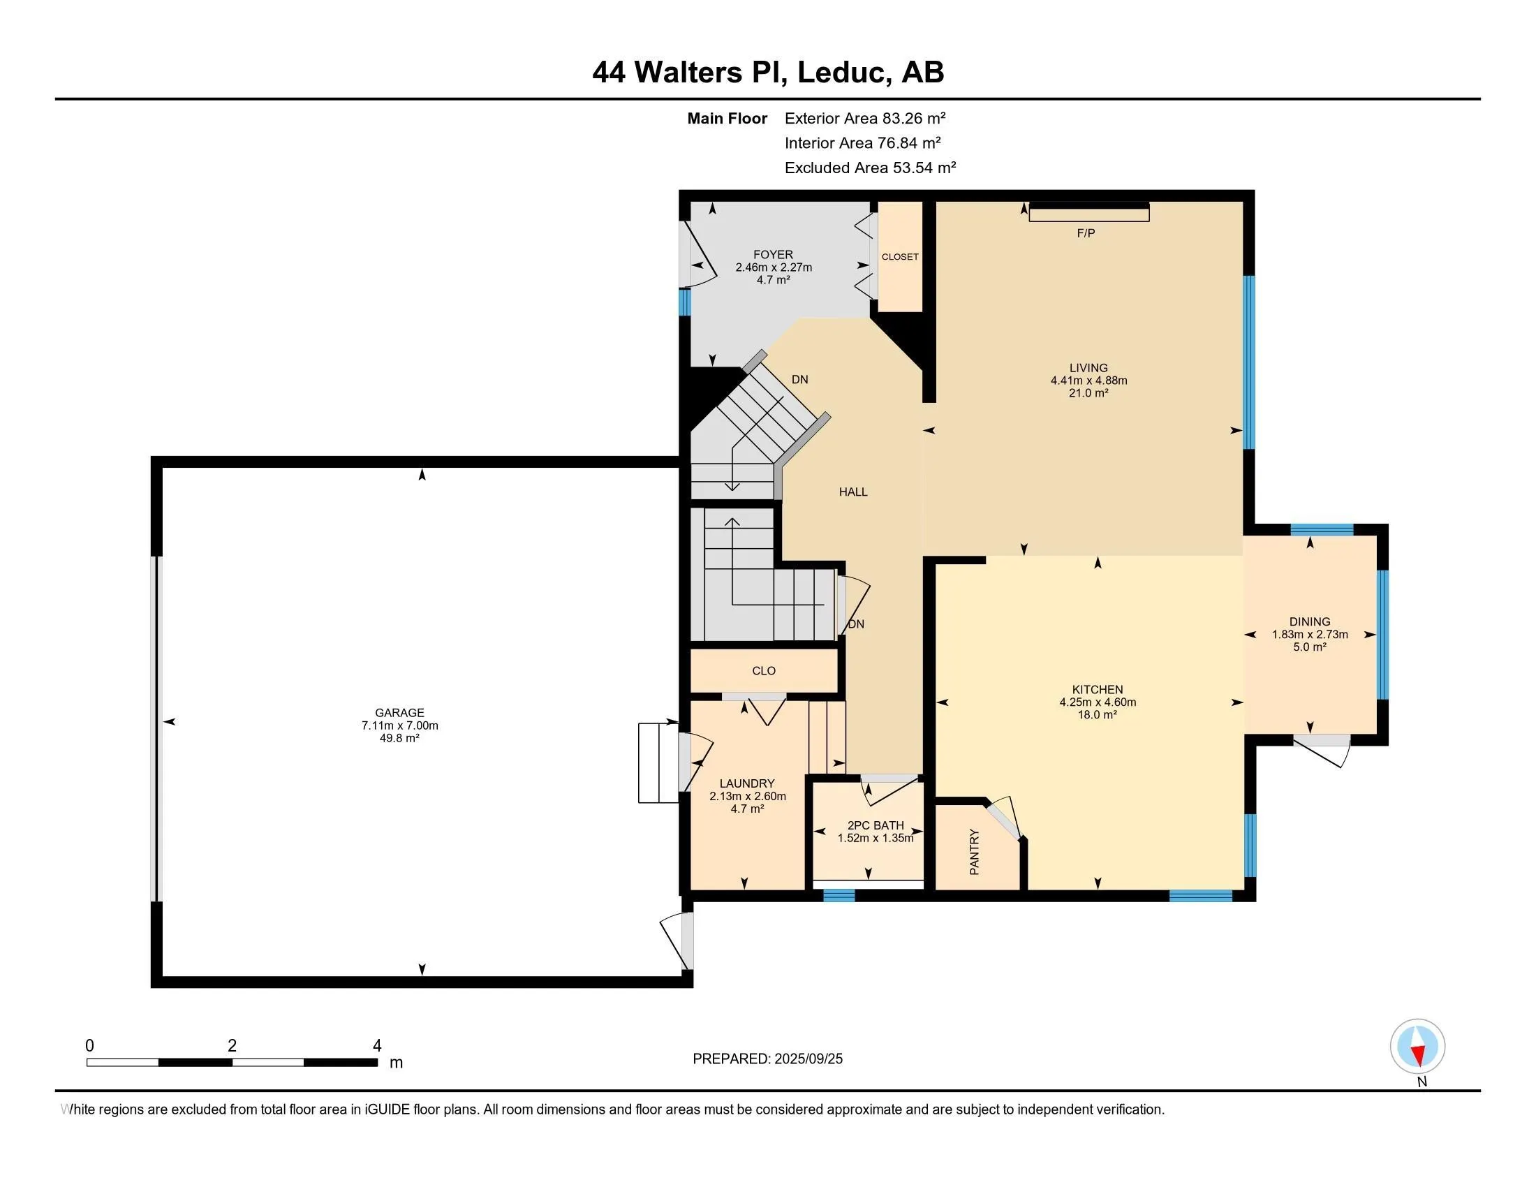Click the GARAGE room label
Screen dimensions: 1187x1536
click(399, 712)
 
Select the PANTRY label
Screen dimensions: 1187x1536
click(974, 853)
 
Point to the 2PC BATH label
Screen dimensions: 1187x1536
click(875, 825)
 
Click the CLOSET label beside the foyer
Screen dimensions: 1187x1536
click(899, 257)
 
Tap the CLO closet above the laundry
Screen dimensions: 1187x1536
click(764, 671)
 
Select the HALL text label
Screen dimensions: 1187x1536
click(852, 492)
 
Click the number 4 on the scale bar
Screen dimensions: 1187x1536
click(377, 1046)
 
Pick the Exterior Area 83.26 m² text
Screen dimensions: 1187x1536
click(864, 118)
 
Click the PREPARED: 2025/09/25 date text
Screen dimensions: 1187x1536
click(767, 1059)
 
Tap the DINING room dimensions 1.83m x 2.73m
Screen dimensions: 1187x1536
click(1309, 634)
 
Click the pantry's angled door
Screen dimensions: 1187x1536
click(1004, 819)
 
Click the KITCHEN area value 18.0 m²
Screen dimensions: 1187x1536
click(1097, 714)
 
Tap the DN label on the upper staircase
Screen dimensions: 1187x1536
click(799, 379)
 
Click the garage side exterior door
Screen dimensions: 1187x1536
click(677, 941)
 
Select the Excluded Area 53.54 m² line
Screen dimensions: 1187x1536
click(869, 168)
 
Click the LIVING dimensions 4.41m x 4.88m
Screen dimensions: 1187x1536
click(1088, 381)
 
